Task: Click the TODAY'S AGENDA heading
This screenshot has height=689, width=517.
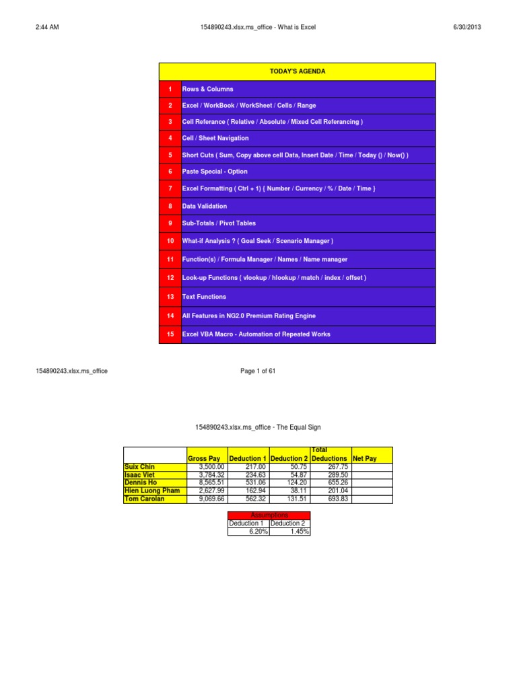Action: (x=297, y=71)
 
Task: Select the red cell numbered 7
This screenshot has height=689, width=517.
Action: (x=170, y=188)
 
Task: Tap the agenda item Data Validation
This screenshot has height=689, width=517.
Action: (x=205, y=206)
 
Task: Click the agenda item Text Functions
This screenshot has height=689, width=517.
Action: (x=204, y=297)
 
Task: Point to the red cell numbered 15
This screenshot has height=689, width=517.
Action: (x=170, y=334)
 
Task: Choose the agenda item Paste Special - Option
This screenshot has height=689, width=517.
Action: (x=215, y=172)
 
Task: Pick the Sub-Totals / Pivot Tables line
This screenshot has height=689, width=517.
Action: (x=219, y=223)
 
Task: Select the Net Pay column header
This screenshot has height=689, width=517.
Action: (x=365, y=458)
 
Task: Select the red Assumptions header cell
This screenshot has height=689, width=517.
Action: (x=269, y=515)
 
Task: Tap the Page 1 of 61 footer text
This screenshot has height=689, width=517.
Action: (x=258, y=371)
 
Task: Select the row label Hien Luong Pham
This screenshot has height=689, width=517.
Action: (x=152, y=491)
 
